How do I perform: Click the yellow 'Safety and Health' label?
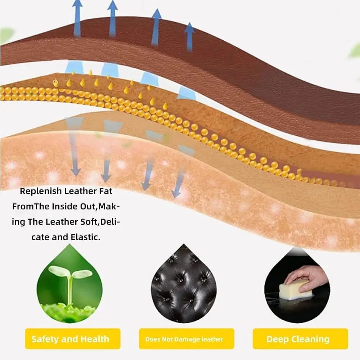[x=73, y=339]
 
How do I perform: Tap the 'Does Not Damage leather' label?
[x=186, y=339]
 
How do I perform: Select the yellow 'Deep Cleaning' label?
[x=300, y=339]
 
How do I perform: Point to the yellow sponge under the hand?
[x=296, y=290]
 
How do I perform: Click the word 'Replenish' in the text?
[x=41, y=191]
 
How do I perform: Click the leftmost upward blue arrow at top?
[x=77, y=18]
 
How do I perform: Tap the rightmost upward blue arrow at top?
[x=189, y=37]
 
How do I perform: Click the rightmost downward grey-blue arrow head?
[x=176, y=194]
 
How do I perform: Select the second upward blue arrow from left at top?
[x=112, y=19]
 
